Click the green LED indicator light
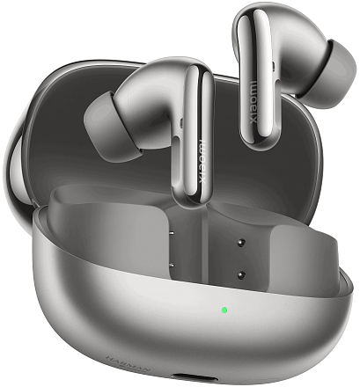(224, 310)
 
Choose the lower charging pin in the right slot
(239, 274)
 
